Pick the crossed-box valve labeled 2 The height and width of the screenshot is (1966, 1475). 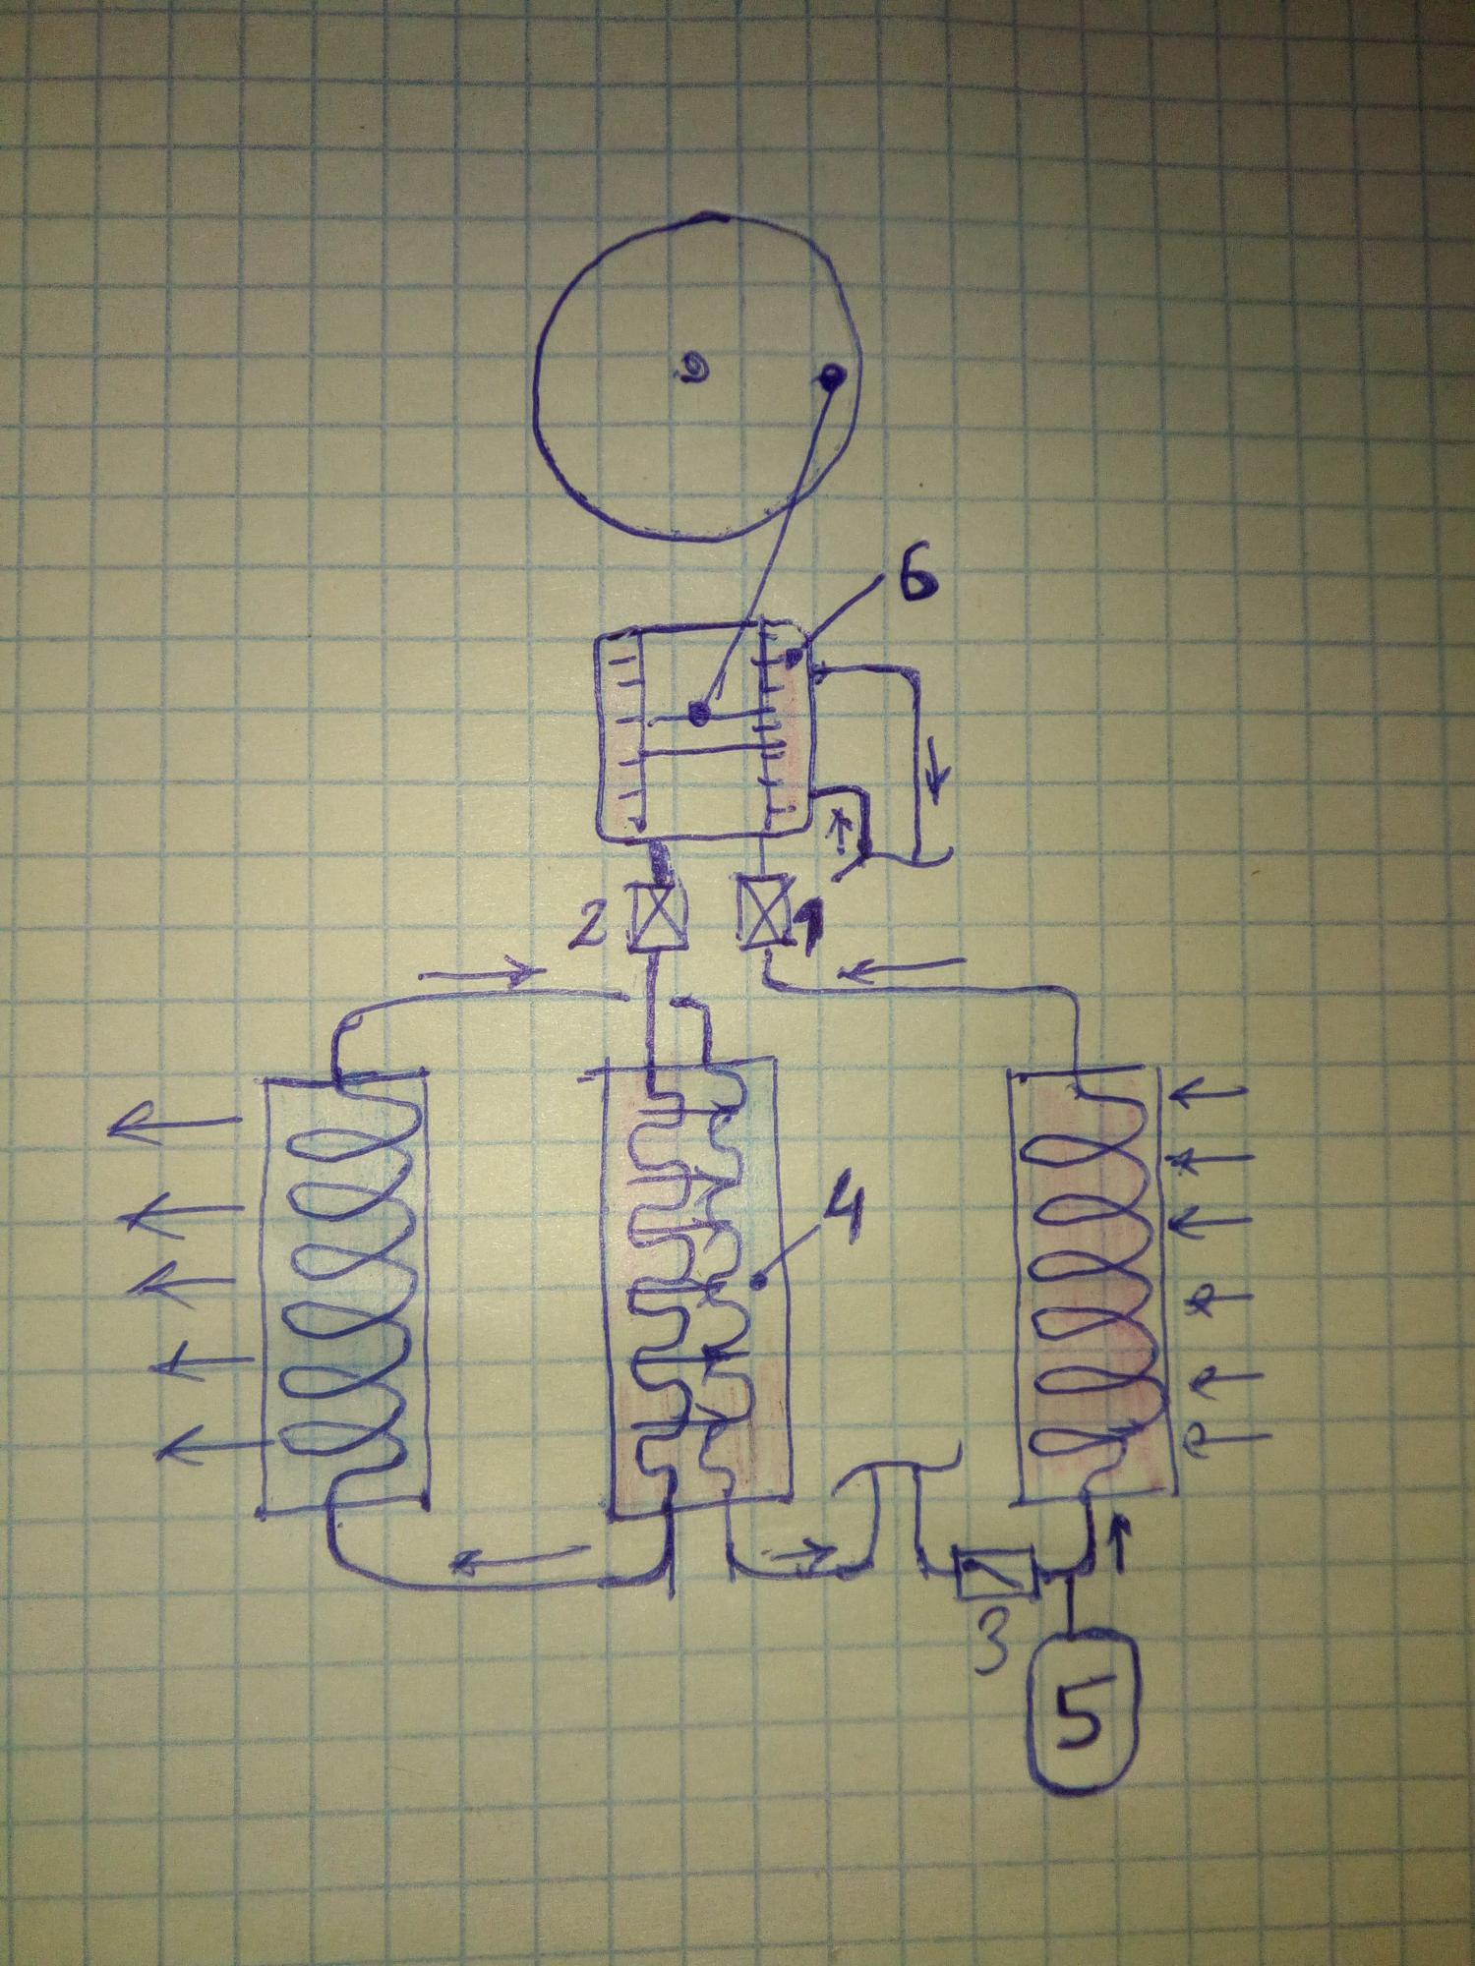pos(650,918)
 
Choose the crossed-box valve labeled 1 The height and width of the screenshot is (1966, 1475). pos(763,913)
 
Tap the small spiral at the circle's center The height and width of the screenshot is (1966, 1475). pos(694,371)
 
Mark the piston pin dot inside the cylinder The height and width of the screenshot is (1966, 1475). pos(699,715)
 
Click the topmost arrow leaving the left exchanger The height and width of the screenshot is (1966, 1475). pos(177,1124)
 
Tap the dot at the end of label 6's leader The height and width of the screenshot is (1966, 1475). pos(791,653)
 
